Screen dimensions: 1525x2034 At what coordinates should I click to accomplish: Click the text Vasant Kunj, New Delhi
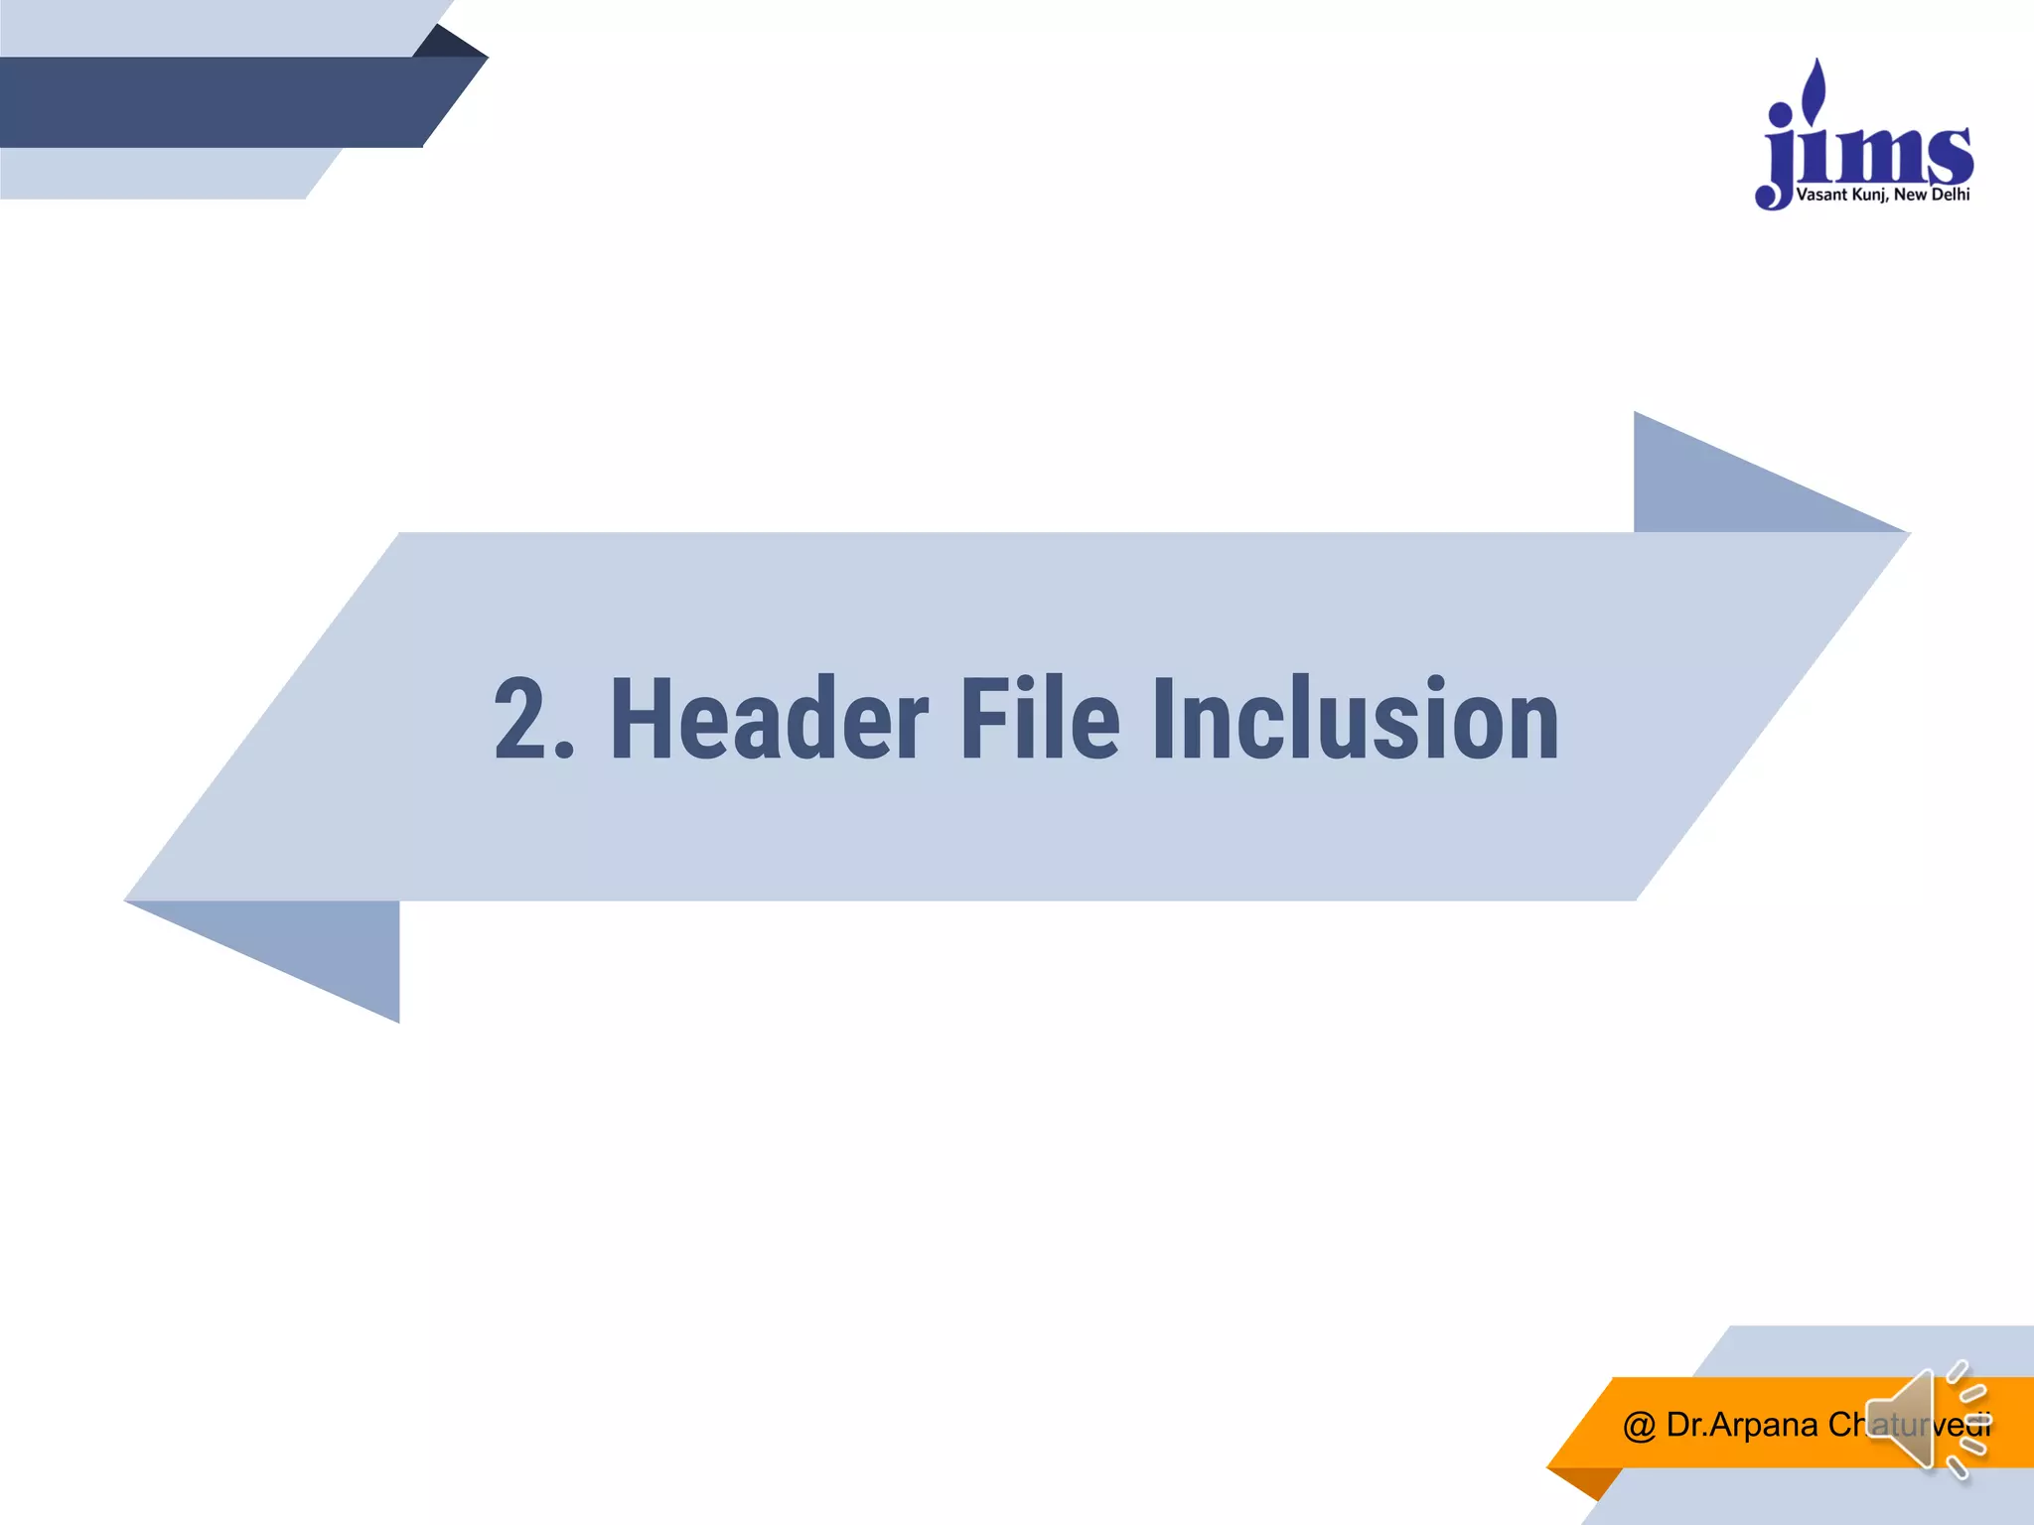click(x=1882, y=195)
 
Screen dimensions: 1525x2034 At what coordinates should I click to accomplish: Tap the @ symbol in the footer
click(x=1639, y=1426)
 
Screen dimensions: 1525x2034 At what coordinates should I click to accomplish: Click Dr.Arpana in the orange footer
click(x=1742, y=1426)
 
